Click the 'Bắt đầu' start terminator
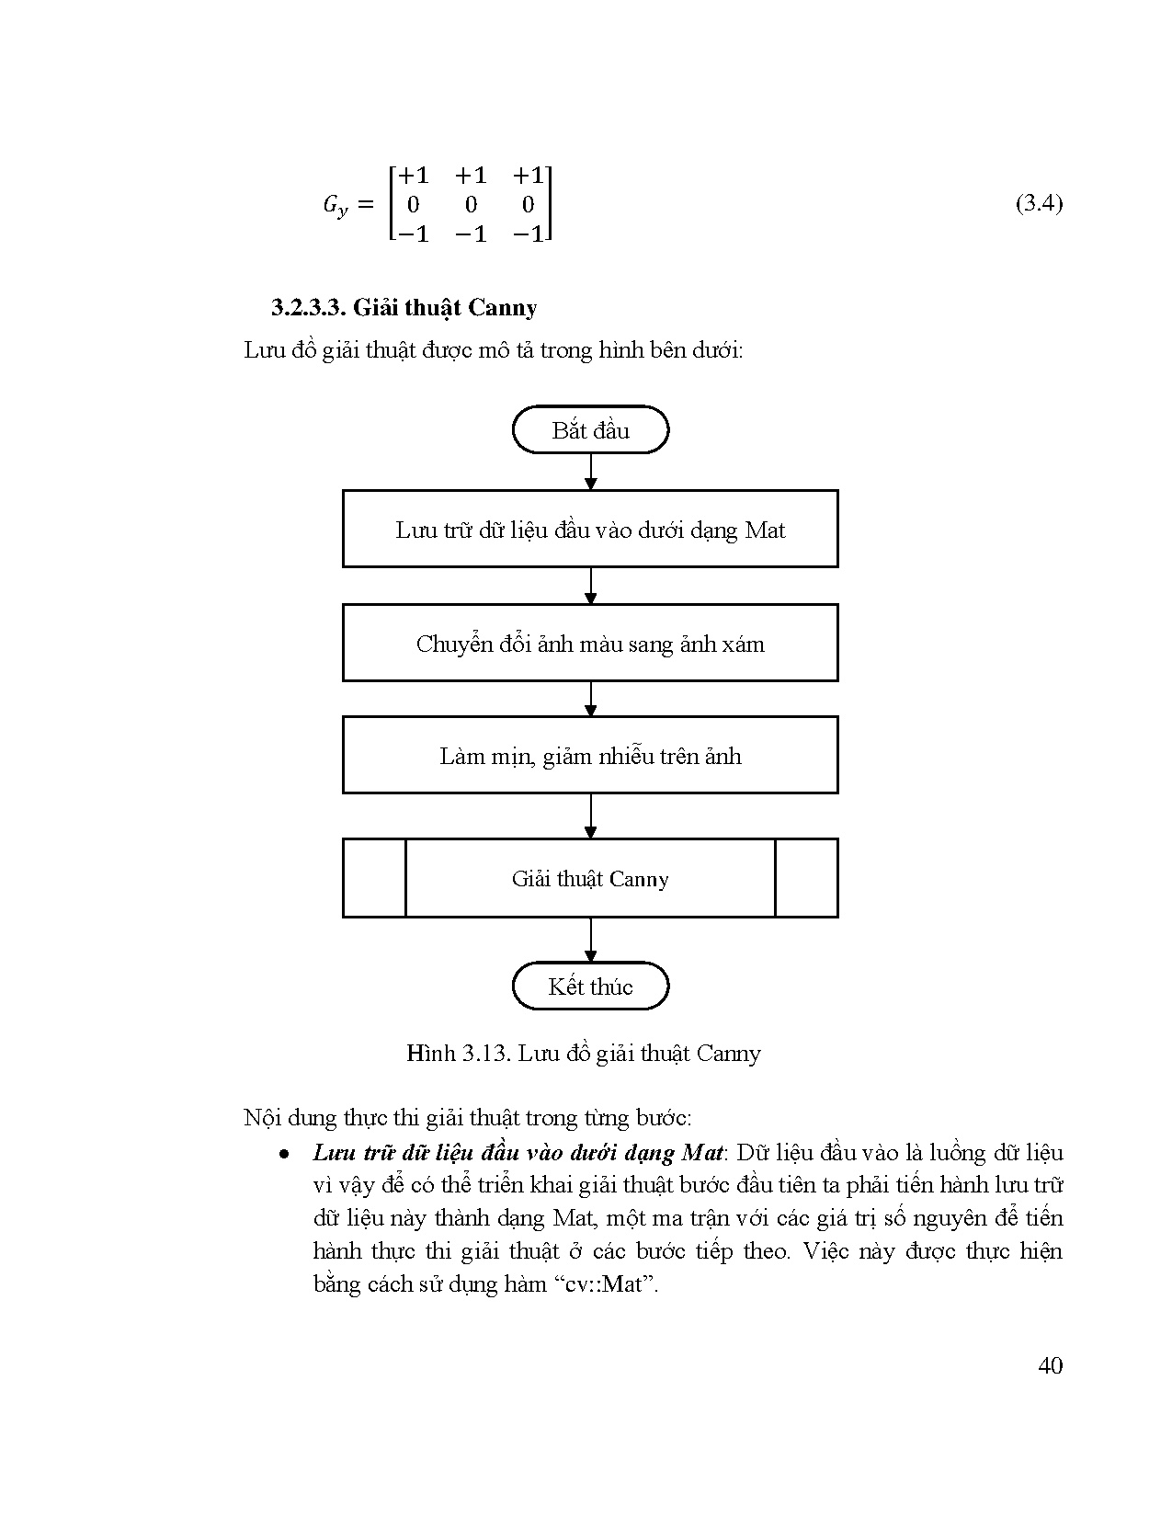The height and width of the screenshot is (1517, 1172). pyautogui.click(x=590, y=430)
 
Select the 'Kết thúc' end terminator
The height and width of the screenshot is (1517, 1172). pyautogui.click(x=590, y=987)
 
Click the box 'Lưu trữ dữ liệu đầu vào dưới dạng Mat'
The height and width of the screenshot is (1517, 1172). pyautogui.click(x=590, y=530)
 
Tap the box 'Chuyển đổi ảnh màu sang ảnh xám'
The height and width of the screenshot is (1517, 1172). pyautogui.click(x=590, y=644)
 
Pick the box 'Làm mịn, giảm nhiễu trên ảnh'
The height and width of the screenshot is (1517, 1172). pyautogui.click(x=590, y=756)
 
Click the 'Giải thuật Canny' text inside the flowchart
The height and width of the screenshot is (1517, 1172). pyautogui.click(x=590, y=879)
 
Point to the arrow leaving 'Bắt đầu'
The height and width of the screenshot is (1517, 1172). pyautogui.click(x=590, y=472)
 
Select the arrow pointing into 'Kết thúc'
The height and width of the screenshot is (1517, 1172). pyautogui.click(x=590, y=940)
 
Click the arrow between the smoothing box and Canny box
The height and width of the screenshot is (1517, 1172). pyautogui.click(x=590, y=816)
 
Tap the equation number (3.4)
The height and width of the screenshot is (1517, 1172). pyautogui.click(x=1039, y=203)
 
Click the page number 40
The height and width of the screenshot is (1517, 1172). pyautogui.click(x=1050, y=1365)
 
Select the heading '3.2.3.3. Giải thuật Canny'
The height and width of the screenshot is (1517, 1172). pyautogui.click(x=404, y=307)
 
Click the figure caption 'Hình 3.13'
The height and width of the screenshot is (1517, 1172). pyautogui.click(x=458, y=1053)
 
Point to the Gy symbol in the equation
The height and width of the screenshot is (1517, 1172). pyautogui.click(x=336, y=205)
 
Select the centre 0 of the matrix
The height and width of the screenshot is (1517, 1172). pyautogui.click(x=471, y=204)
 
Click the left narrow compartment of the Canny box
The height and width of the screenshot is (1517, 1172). pyautogui.click(x=374, y=878)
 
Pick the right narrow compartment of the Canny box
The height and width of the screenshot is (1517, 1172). pyautogui.click(x=806, y=878)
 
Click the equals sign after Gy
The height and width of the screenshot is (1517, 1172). pyautogui.click(x=365, y=204)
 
